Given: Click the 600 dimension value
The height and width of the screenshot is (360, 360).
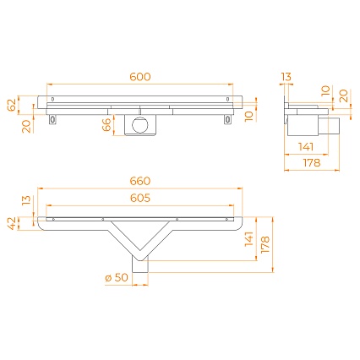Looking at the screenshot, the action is pyautogui.click(x=140, y=77).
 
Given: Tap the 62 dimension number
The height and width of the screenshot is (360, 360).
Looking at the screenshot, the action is pyautogui.click(x=12, y=105).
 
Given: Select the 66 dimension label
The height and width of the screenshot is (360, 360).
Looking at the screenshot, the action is pyautogui.click(x=106, y=125).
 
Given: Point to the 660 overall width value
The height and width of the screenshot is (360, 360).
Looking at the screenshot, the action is pyautogui.click(x=140, y=181).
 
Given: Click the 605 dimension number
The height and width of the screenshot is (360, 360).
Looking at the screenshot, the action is pyautogui.click(x=140, y=198).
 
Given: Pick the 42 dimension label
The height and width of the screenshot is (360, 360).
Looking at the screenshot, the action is pyautogui.click(x=12, y=223).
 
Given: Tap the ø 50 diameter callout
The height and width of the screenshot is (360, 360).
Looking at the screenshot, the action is pyautogui.click(x=117, y=277).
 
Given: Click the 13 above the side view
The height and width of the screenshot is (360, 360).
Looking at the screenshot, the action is pyautogui.click(x=286, y=77).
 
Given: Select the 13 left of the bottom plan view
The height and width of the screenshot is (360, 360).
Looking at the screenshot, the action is pyautogui.click(x=27, y=200).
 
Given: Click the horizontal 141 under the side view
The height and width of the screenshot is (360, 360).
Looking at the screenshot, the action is pyautogui.click(x=306, y=147).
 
